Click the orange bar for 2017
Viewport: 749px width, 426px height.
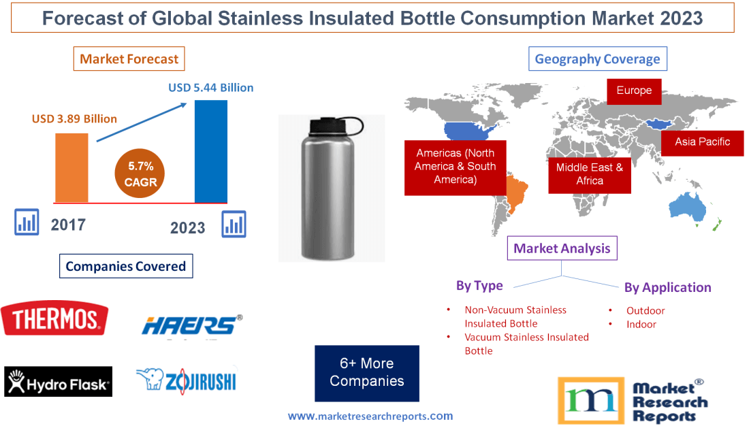(71, 167)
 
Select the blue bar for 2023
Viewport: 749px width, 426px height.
(211, 151)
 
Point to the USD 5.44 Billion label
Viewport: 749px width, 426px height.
(211, 88)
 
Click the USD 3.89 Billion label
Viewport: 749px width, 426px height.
(74, 118)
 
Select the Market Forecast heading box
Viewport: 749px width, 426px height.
(129, 59)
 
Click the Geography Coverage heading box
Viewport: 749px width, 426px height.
(597, 59)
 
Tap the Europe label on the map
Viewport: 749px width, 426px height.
(634, 91)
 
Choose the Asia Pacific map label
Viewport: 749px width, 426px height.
(702, 142)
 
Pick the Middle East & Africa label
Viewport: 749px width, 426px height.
(590, 174)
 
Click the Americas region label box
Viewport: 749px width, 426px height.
(455, 167)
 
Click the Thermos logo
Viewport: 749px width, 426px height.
(54, 318)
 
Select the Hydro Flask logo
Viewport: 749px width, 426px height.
(58, 382)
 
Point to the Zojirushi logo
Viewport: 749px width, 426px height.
(186, 380)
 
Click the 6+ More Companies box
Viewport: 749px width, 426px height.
(366, 373)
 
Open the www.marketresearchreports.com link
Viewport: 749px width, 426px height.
(370, 416)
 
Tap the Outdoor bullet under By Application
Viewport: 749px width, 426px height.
(645, 310)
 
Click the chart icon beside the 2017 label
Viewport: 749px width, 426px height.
(27, 222)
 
